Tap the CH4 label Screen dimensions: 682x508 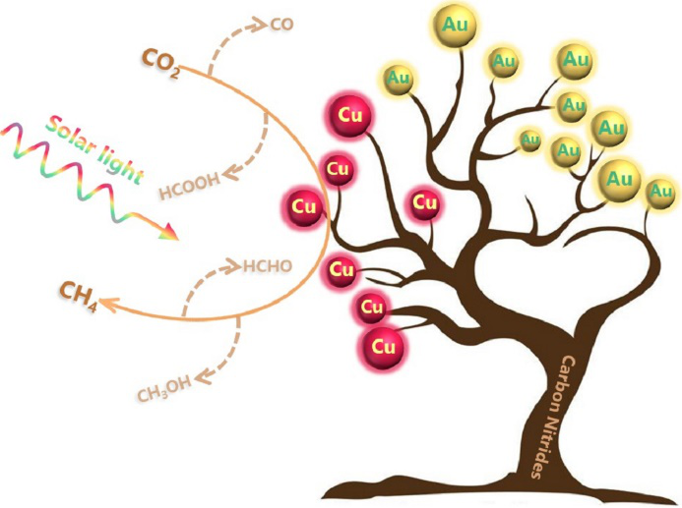point(79,297)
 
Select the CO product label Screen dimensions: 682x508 point(281,25)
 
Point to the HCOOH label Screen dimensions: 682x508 point(190,187)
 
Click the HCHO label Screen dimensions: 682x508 point(267,265)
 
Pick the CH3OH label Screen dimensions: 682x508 point(164,389)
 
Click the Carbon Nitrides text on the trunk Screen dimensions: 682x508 point(550,417)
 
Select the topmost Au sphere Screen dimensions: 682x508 point(455,25)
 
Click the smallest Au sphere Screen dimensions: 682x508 point(529,141)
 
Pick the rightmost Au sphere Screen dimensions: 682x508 point(659,192)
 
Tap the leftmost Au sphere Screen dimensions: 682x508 point(399,79)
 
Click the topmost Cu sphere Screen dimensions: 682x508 point(350,116)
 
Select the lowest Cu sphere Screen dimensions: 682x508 point(383,347)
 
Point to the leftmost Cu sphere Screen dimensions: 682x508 point(304,206)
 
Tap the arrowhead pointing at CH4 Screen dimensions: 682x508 point(108,304)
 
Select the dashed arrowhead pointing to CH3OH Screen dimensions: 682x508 point(203,375)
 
